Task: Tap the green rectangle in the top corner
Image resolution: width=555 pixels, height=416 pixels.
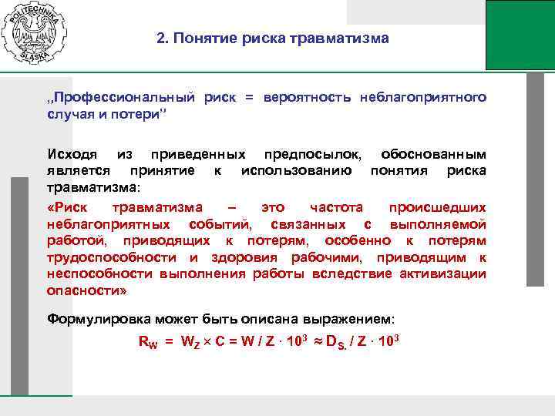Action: (x=520, y=35)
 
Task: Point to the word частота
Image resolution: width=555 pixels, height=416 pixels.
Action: (x=336, y=207)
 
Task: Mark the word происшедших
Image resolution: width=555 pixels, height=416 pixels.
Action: (x=437, y=207)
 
